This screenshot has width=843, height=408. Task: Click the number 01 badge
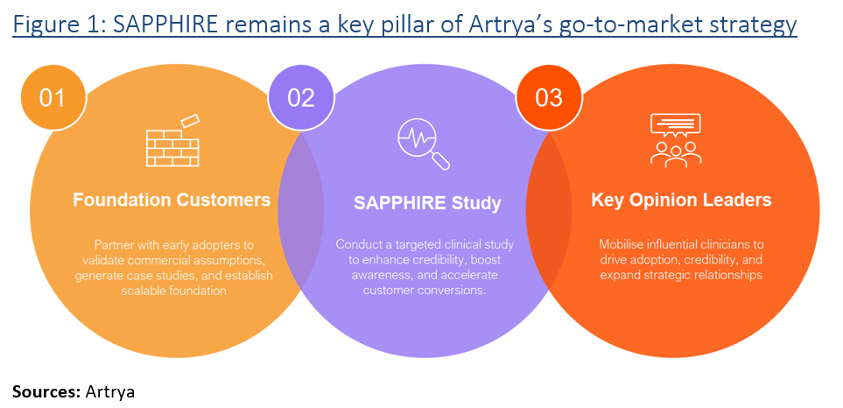53,96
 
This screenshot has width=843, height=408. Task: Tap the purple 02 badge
300,96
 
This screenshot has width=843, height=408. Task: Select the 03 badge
549,96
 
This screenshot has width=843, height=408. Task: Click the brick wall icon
170,140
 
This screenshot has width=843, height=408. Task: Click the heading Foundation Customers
172,200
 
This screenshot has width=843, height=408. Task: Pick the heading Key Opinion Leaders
681,200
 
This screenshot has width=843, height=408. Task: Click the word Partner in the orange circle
113,244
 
